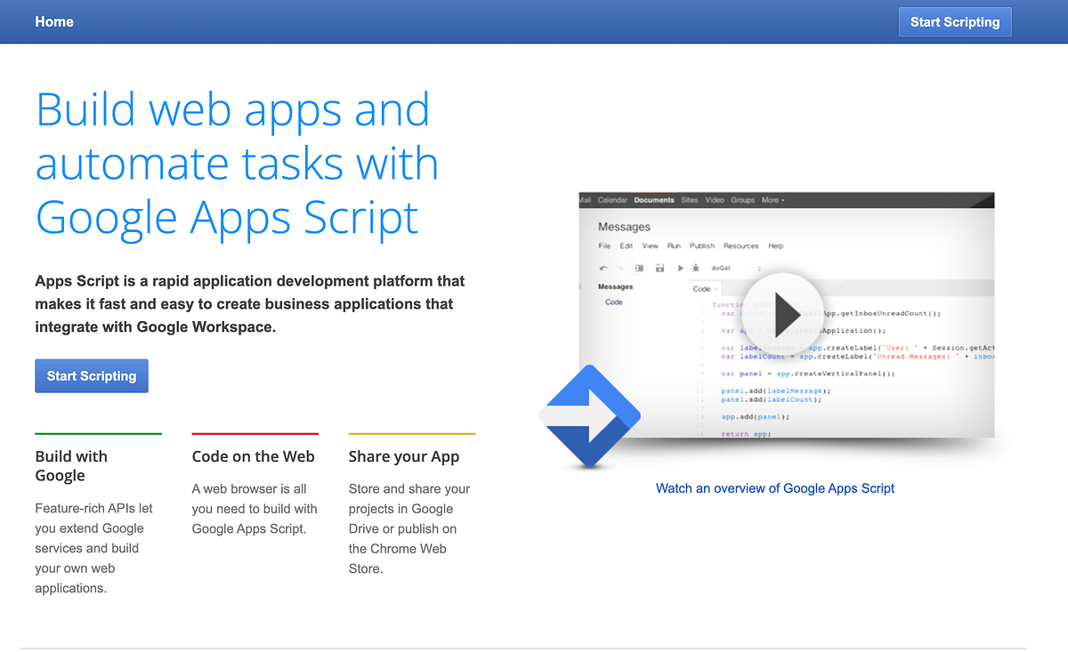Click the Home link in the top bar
(54, 21)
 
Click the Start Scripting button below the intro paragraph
(92, 375)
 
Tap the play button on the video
(783, 312)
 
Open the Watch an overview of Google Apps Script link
(774, 488)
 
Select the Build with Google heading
(71, 466)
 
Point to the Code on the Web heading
(253, 456)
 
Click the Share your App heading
(404, 456)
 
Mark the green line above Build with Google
(98, 433)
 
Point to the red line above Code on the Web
(255, 433)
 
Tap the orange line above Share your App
(412, 433)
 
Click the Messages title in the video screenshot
(624, 227)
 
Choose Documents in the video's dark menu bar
(654, 200)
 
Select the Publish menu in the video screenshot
(702, 246)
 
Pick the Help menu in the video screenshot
(775, 246)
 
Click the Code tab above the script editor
(701, 289)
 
